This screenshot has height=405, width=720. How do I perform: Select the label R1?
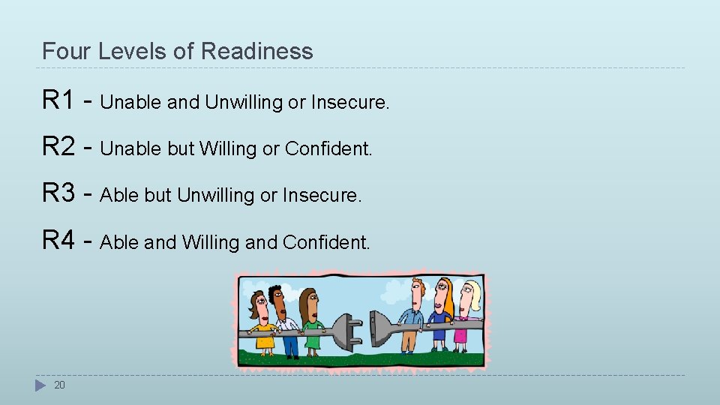pyautogui.click(x=58, y=100)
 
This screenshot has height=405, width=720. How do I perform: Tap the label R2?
pyautogui.click(x=58, y=146)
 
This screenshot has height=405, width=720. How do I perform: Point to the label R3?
pyautogui.click(x=58, y=193)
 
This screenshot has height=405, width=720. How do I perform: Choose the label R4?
pyautogui.click(x=58, y=240)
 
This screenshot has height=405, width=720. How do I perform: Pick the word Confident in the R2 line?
pyautogui.click(x=327, y=149)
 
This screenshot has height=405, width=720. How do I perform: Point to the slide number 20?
pyautogui.click(x=60, y=385)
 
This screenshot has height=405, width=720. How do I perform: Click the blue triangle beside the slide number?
pyautogui.click(x=40, y=385)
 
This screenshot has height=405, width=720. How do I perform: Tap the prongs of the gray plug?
pyautogui.click(x=352, y=328)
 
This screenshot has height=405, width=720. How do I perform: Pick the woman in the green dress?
pyautogui.click(x=310, y=322)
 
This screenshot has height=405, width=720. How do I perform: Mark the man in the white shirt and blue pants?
pyautogui.click(x=285, y=322)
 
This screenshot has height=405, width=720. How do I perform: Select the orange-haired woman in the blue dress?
pyautogui.click(x=442, y=315)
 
